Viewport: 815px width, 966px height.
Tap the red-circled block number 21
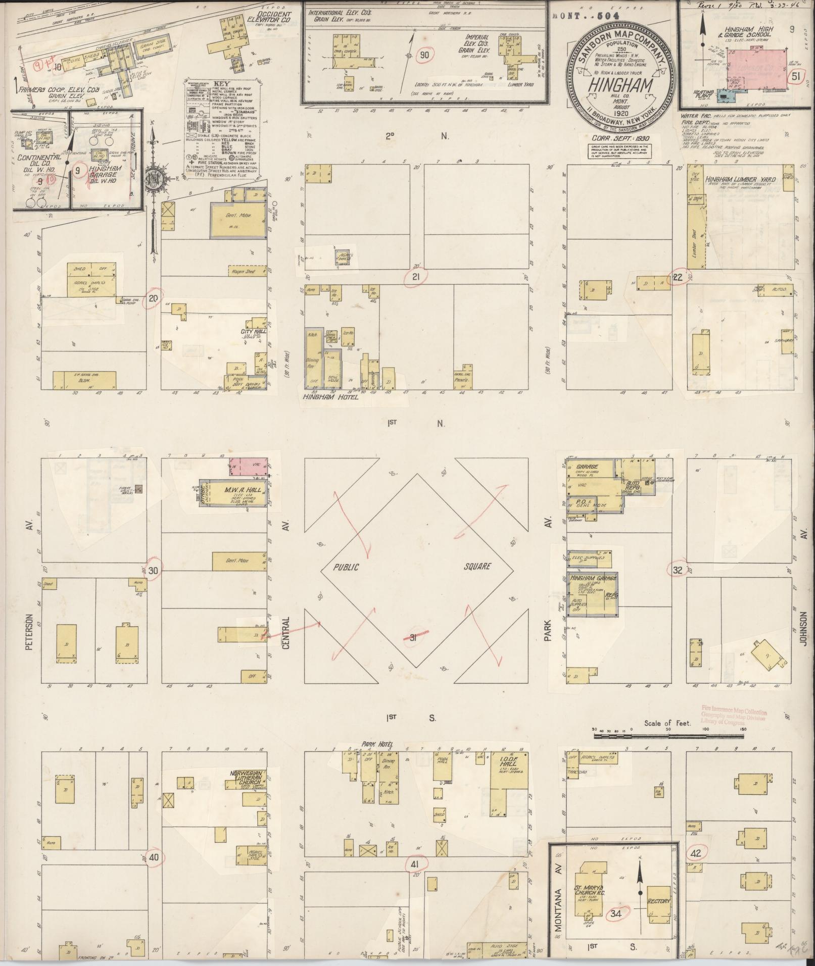[416, 276]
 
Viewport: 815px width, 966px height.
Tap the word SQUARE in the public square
[477, 566]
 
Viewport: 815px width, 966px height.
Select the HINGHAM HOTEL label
[330, 397]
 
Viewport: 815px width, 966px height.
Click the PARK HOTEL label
[377, 744]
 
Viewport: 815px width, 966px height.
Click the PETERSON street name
[29, 631]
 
